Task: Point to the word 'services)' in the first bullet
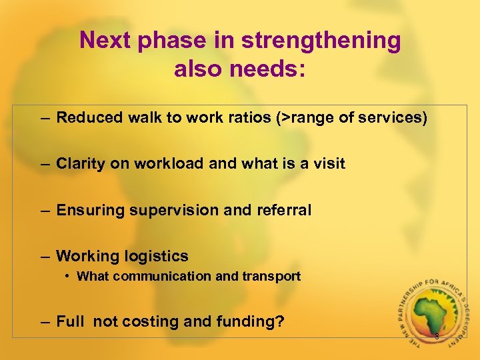click(x=393, y=118)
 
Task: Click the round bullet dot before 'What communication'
click(x=69, y=276)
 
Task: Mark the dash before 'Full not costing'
click(x=44, y=322)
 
